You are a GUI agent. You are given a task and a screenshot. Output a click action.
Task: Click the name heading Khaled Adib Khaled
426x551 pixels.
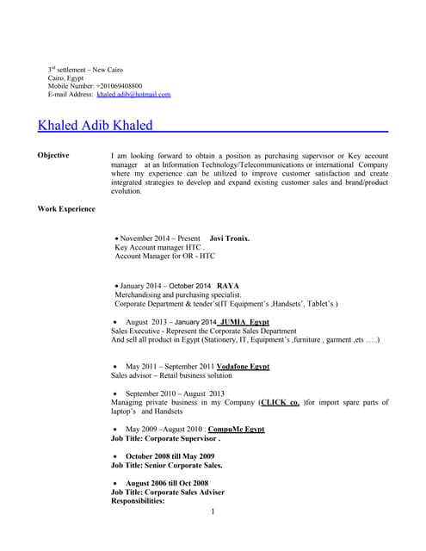coord(96,126)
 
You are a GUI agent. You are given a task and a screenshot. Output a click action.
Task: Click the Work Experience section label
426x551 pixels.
coord(66,209)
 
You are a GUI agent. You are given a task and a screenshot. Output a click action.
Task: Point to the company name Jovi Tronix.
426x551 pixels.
coord(230,238)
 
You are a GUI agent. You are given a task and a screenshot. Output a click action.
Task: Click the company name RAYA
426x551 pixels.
coord(228,285)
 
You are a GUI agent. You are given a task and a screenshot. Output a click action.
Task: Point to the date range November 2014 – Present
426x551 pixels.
coord(159,238)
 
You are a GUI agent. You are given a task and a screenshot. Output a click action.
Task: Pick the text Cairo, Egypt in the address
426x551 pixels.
coord(65,78)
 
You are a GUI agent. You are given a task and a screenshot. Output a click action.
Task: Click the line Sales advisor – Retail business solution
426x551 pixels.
coord(171,375)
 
